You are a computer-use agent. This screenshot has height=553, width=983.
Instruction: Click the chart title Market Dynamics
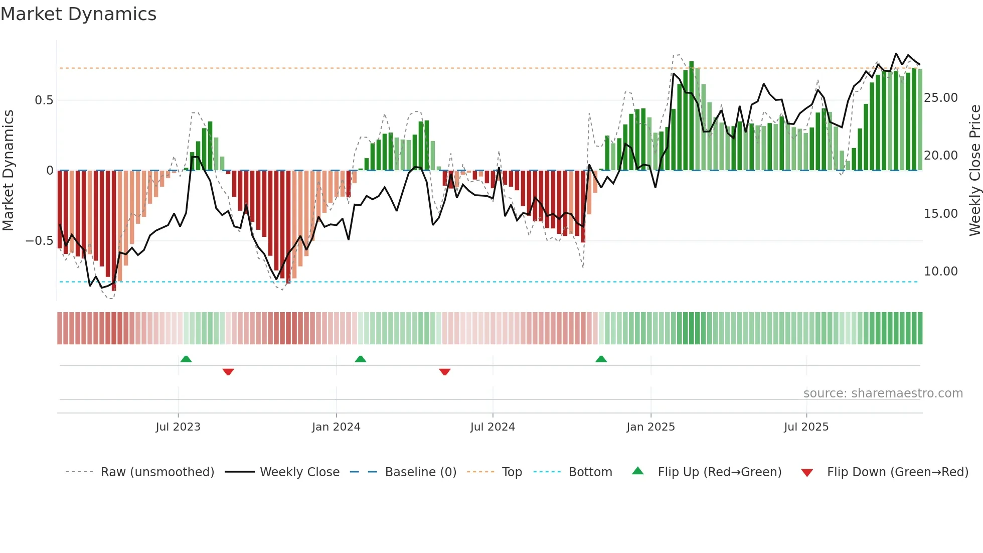tap(78, 14)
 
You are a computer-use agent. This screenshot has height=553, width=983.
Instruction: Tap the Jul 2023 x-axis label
tap(178, 427)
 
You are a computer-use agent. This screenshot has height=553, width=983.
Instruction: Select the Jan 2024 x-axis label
tap(336, 427)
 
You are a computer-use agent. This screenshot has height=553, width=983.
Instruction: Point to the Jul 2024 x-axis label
tap(493, 427)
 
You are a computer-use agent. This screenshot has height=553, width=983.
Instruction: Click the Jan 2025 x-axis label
tap(650, 427)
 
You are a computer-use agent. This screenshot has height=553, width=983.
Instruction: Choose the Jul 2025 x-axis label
tap(806, 427)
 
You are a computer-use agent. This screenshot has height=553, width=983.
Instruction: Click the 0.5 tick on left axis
tap(44, 100)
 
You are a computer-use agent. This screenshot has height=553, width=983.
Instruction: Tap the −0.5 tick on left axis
tap(39, 241)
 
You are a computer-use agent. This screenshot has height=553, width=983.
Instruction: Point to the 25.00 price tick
tap(941, 98)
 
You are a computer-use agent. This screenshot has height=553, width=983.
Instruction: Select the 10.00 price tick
tap(941, 271)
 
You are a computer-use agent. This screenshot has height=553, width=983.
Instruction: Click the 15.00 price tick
tap(941, 214)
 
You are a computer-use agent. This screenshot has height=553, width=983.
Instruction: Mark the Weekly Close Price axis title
tap(974, 171)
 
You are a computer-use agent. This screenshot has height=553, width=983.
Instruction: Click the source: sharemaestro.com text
tap(883, 393)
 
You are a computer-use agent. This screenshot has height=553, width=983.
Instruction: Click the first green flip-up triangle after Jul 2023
tap(186, 359)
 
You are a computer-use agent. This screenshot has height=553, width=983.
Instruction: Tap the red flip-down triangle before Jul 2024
tap(445, 372)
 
